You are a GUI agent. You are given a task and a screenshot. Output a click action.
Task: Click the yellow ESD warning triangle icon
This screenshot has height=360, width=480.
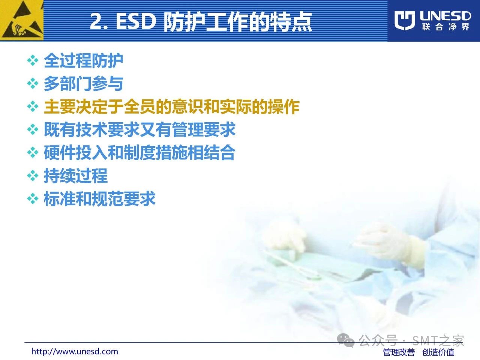pyautogui.click(x=22, y=20)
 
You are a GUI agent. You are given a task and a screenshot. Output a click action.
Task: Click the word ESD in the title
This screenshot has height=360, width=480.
pyautogui.click(x=136, y=21)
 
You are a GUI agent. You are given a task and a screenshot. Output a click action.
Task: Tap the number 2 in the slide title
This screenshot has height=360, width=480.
pyautogui.click(x=96, y=21)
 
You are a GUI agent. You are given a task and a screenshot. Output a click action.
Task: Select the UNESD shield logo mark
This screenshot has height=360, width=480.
pyautogui.click(x=405, y=21)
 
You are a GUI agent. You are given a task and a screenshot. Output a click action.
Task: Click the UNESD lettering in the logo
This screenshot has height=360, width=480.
pyautogui.click(x=445, y=16)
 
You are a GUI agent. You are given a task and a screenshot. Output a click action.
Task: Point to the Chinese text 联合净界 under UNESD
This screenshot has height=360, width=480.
pyautogui.click(x=445, y=27)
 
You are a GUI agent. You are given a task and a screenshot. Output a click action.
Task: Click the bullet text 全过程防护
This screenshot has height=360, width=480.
pyautogui.click(x=83, y=60)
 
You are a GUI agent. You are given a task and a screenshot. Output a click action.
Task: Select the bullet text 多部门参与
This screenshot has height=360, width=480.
pyautogui.click(x=83, y=84)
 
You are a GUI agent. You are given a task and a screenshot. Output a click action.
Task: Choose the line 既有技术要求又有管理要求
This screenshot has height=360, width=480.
pyautogui.click(x=139, y=130)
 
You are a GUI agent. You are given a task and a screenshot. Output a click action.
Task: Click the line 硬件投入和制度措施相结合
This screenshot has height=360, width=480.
pyautogui.click(x=139, y=153)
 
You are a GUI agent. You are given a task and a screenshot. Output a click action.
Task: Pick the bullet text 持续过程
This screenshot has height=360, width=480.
pyautogui.click(x=76, y=176)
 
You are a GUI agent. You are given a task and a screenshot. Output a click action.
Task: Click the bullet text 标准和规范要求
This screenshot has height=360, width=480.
pyautogui.click(x=99, y=199)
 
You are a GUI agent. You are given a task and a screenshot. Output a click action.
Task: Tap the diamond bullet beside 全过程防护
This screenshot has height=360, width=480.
pyautogui.click(x=33, y=60)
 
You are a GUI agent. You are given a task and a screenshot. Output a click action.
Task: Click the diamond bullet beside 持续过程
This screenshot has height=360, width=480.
pyautogui.click(x=33, y=176)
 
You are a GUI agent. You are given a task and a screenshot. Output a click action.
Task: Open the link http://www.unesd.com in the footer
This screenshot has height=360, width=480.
pyautogui.click(x=75, y=351)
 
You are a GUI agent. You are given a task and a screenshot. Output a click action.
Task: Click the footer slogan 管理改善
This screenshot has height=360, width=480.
pyautogui.click(x=399, y=352)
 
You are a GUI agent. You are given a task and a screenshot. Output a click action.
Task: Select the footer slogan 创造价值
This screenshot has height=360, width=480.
pyautogui.click(x=438, y=352)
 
